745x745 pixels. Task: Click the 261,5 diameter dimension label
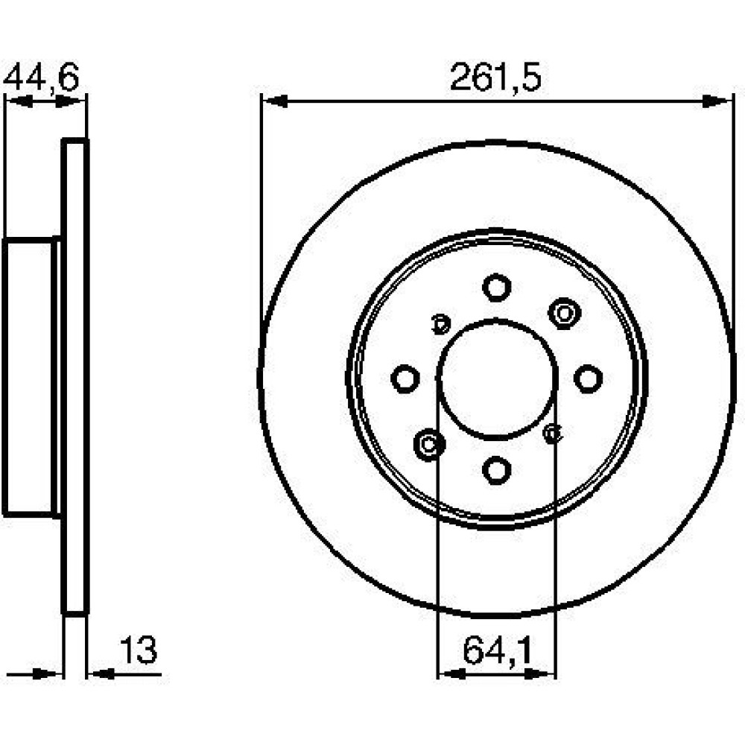495,78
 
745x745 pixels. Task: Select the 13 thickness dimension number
139,650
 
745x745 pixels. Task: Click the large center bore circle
496,320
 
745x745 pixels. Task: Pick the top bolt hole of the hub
496,288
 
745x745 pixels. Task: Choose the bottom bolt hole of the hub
496,470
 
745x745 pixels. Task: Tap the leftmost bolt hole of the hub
405,378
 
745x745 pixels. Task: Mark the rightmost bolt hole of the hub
589,378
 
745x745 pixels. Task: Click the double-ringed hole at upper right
565,314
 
